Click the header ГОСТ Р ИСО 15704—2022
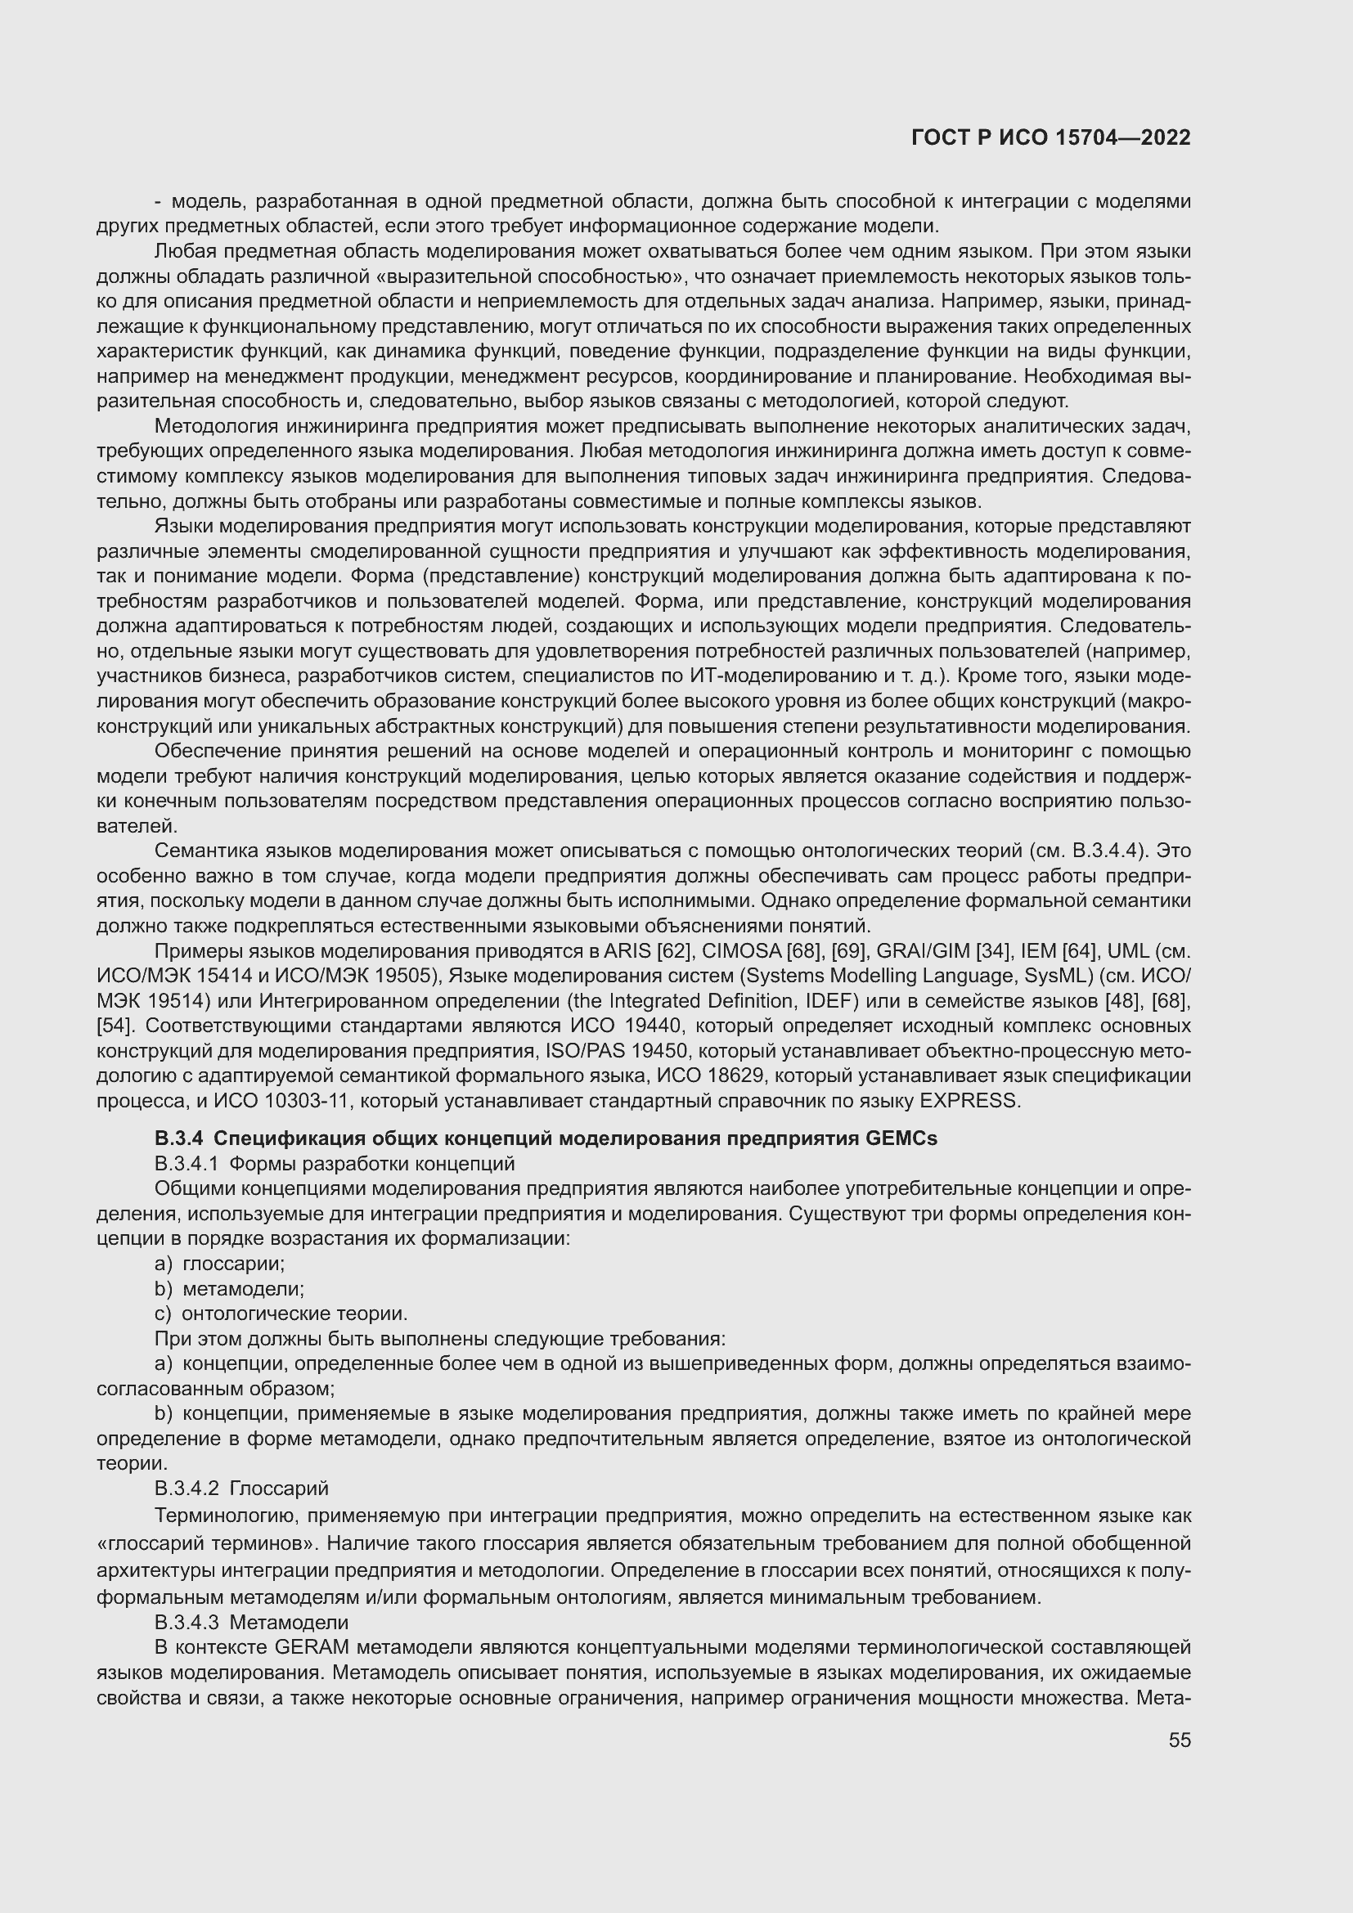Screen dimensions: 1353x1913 pos(1050,137)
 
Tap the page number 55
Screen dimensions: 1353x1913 pos(1179,1740)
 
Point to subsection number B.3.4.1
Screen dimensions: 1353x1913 pos(187,1163)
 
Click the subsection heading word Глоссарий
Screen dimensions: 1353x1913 pos(279,1488)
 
